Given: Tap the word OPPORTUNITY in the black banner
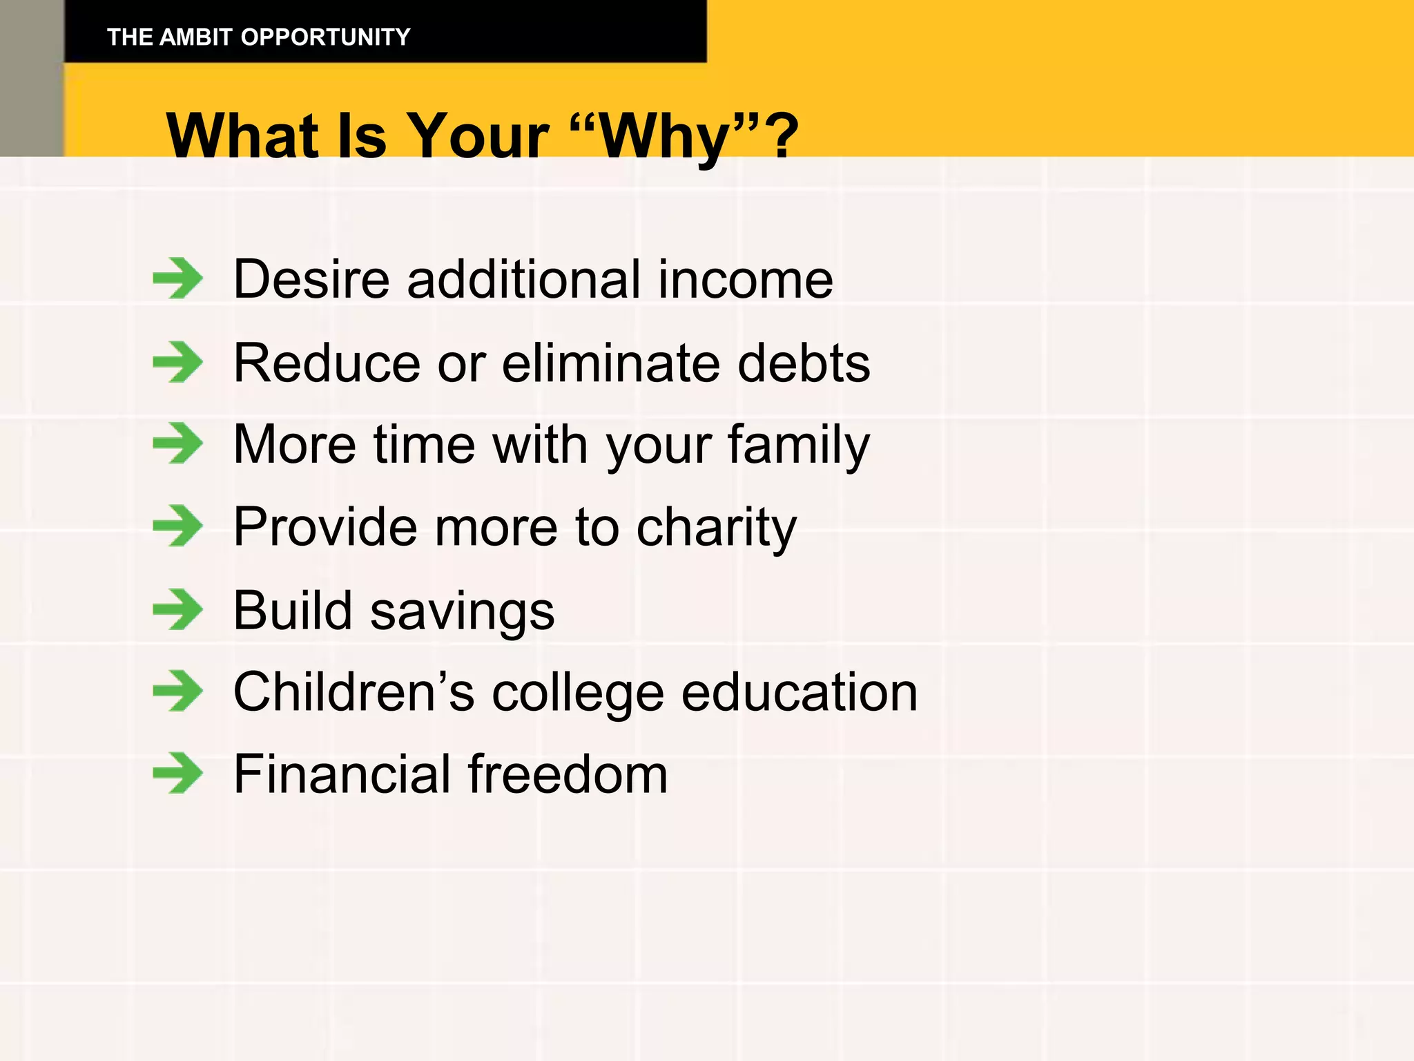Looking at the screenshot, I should [x=325, y=37].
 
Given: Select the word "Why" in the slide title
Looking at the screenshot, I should [x=665, y=136].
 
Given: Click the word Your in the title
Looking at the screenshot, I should [x=477, y=136].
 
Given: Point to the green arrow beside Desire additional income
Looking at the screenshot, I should [x=178, y=278].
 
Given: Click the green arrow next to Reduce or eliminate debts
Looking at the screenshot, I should [x=178, y=362].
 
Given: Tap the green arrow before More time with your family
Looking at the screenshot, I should [x=178, y=443].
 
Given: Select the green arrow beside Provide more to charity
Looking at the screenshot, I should [x=178, y=526].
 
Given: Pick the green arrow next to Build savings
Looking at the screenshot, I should [x=178, y=610].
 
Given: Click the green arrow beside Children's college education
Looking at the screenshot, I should [x=178, y=691].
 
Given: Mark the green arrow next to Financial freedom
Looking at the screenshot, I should [x=178, y=773].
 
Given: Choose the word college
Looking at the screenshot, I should [x=578, y=693].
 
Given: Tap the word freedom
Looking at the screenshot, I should [x=568, y=774].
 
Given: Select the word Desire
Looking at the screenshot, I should [x=311, y=280].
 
